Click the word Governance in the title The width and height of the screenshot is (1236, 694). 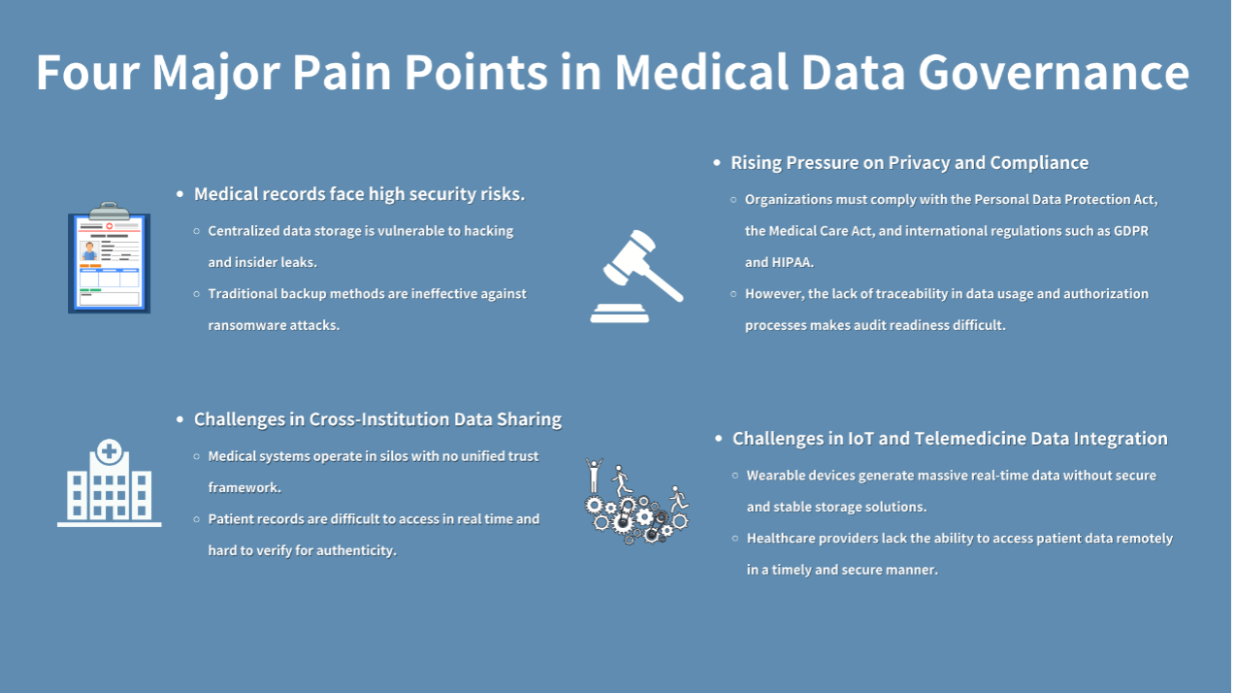pos(1054,72)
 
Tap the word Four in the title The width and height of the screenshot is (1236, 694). pos(87,72)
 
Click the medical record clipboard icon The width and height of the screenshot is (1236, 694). pos(110,258)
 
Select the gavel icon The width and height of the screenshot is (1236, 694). pos(636,276)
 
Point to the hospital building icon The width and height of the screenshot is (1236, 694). pos(110,483)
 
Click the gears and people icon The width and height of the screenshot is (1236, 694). pos(637,501)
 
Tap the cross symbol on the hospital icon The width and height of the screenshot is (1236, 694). pos(110,451)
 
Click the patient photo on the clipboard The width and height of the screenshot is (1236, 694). pos(89,250)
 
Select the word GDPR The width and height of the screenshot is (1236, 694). pos(1130,231)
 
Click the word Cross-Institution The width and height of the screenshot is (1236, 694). pos(379,419)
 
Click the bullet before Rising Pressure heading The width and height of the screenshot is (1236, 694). pos(717,163)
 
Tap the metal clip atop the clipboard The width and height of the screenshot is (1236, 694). pos(110,211)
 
